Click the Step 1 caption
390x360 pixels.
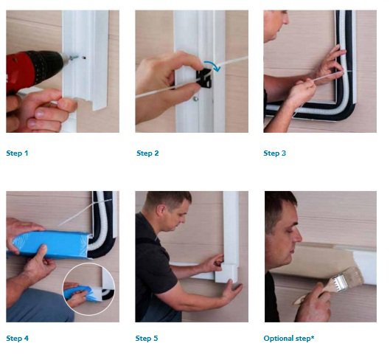[x=17, y=153]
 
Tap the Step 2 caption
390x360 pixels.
[x=147, y=153]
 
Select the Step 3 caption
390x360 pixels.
[x=274, y=153]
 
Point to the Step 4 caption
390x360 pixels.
[x=18, y=339]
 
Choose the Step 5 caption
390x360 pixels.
[x=147, y=339]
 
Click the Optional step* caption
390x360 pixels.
[x=289, y=339]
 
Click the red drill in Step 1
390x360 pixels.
[x=32, y=69]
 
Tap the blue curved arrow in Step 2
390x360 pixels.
[x=212, y=65]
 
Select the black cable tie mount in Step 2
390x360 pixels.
[x=204, y=78]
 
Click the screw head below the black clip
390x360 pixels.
[x=196, y=99]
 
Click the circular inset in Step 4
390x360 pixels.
[x=88, y=288]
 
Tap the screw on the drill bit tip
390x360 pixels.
[x=74, y=58]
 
